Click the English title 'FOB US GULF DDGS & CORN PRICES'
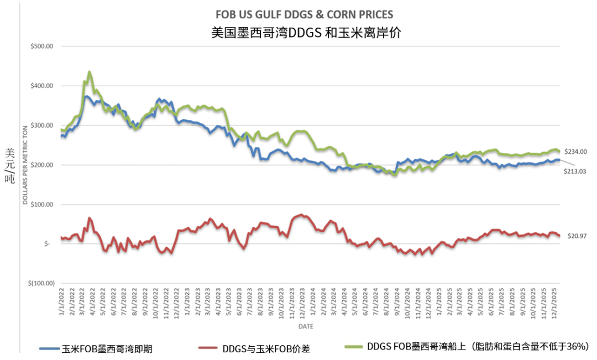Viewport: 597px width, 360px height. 306,13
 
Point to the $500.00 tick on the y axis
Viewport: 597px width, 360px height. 41,46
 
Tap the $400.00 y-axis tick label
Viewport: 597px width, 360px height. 41,86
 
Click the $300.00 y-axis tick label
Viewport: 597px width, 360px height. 41,126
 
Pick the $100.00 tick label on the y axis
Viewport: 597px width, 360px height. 41,205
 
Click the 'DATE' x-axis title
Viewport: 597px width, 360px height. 306,327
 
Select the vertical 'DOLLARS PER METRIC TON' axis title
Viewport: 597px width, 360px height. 25,165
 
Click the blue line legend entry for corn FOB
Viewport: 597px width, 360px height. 97,348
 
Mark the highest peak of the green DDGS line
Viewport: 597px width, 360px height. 90,72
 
